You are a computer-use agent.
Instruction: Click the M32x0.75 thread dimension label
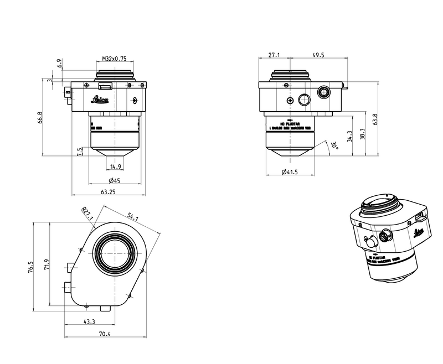(115, 58)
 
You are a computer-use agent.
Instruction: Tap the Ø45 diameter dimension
(115, 181)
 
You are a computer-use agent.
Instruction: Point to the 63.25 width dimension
(108, 192)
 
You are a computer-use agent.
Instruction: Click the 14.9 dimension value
(115, 167)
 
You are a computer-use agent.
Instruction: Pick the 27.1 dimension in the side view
(274, 55)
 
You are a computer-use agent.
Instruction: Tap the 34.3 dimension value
(348, 136)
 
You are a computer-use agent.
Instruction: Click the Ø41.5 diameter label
(290, 173)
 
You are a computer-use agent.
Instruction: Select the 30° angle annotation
(333, 145)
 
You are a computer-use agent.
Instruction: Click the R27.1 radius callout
(87, 213)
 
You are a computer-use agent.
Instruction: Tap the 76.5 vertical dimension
(31, 268)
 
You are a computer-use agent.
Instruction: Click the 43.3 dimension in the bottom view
(89, 321)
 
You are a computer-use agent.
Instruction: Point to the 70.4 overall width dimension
(105, 334)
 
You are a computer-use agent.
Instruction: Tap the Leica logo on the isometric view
(419, 231)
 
